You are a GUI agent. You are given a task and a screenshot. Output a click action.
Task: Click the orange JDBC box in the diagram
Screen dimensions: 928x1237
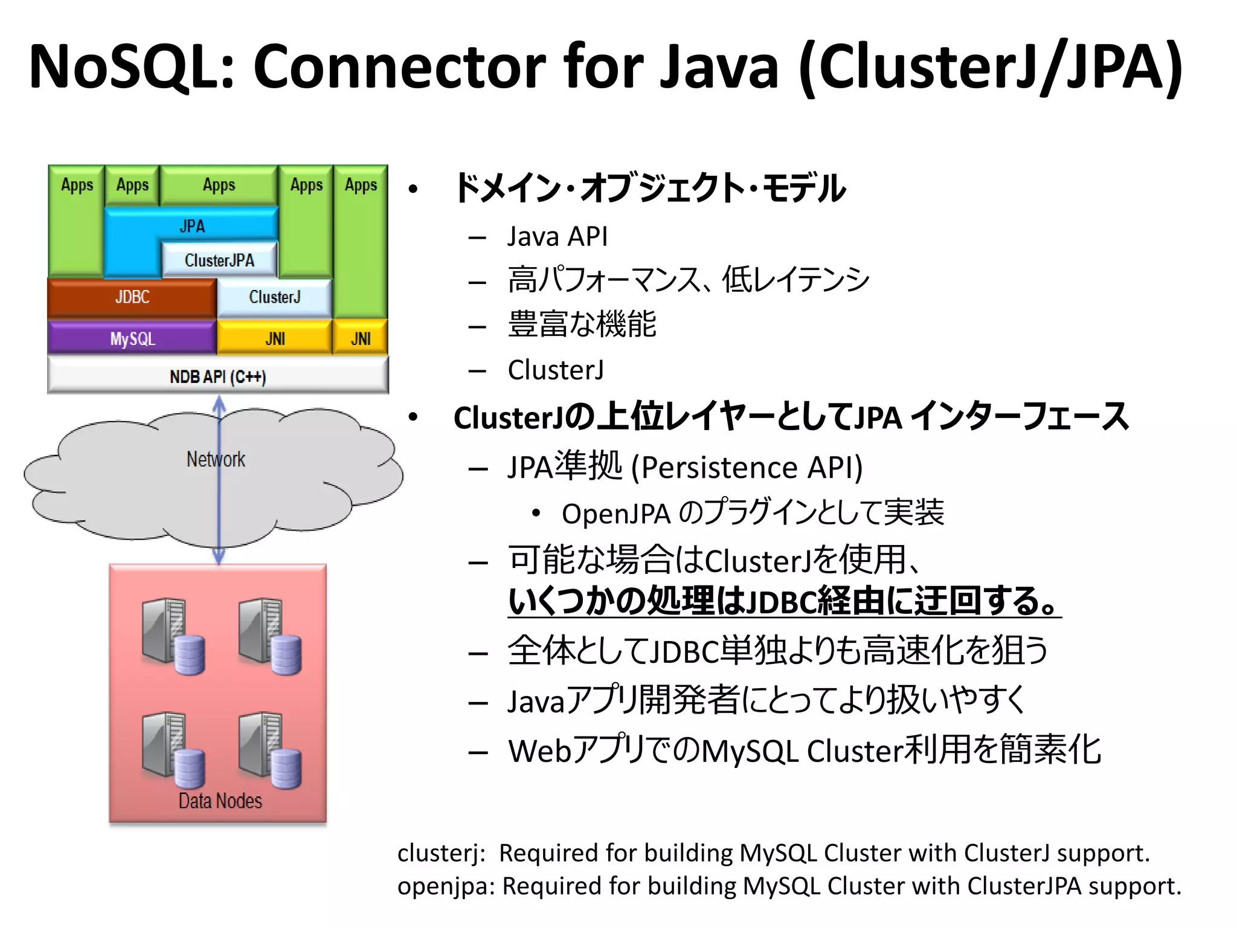tap(132, 297)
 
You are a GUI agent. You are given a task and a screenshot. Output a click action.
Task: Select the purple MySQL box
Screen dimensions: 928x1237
tap(132, 338)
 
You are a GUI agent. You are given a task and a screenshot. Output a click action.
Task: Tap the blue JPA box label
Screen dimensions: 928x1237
tap(192, 226)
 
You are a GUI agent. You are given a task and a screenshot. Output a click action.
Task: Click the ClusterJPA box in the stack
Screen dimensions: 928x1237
tap(219, 260)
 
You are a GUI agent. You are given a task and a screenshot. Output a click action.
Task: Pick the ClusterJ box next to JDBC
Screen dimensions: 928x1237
tap(274, 297)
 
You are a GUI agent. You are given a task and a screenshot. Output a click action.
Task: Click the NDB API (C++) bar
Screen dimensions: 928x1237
tap(217, 376)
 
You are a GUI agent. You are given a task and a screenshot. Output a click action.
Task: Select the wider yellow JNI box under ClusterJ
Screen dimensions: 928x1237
tap(275, 338)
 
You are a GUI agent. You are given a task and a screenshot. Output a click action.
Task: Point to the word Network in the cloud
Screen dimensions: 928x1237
tap(216, 459)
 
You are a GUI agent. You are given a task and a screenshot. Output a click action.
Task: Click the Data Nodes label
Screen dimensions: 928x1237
tap(220, 801)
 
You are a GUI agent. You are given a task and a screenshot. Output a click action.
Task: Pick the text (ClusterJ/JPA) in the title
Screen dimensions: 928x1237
tap(991, 66)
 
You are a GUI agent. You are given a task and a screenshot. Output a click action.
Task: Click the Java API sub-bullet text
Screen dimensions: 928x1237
tap(557, 236)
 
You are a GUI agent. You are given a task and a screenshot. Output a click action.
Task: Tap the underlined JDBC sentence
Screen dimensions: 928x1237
tap(784, 601)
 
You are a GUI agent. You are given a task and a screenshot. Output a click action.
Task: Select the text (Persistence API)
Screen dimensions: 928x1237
tap(747, 467)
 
